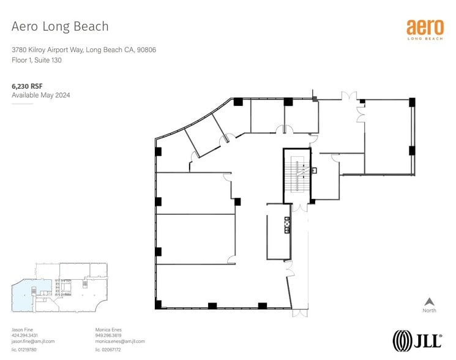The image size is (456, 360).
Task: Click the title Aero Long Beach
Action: pos(60,26)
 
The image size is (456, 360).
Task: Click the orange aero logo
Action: pos(424,28)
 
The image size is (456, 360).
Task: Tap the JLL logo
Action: pos(417,340)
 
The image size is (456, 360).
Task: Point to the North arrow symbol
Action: pos(429,302)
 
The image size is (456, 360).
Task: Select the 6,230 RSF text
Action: pos(27,87)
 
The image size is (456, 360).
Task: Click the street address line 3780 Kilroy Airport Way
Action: pos(84,50)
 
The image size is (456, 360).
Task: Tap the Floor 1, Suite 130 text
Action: pos(37,60)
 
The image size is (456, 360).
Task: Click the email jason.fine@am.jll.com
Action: pos(33,341)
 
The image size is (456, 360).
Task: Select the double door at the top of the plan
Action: pos(349,97)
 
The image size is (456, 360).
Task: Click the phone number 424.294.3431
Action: pos(25,336)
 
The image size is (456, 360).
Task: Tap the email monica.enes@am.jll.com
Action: pos(120,341)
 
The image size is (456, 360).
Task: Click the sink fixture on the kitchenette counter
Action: pos(286,225)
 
